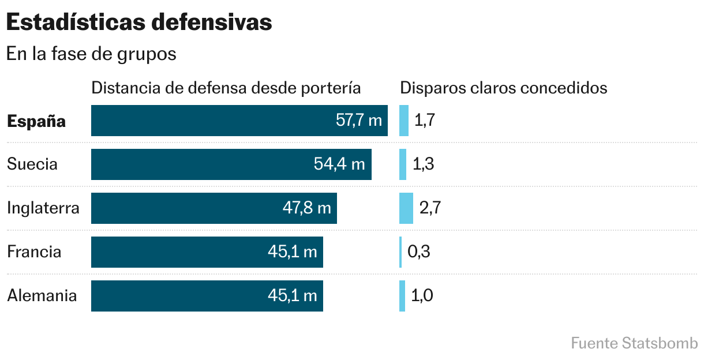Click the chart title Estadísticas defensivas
pos(139,22)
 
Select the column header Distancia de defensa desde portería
pos(226,88)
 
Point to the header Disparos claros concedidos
pos(504,88)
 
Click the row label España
pos(36,122)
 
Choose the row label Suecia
pos(32,164)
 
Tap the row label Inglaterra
pos(43,208)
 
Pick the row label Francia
pos(34,252)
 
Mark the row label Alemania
pos(42,296)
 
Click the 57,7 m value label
pos(359,121)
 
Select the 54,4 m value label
pos(339,164)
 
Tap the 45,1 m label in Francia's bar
pos(293,252)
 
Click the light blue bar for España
pos(404,121)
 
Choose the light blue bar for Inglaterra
pos(406,208)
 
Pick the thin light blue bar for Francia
pos(400,252)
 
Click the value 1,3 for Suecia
pos(423,164)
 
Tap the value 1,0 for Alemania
pos(422,296)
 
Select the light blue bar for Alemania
pos(402,296)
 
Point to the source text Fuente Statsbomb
pos(634,343)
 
